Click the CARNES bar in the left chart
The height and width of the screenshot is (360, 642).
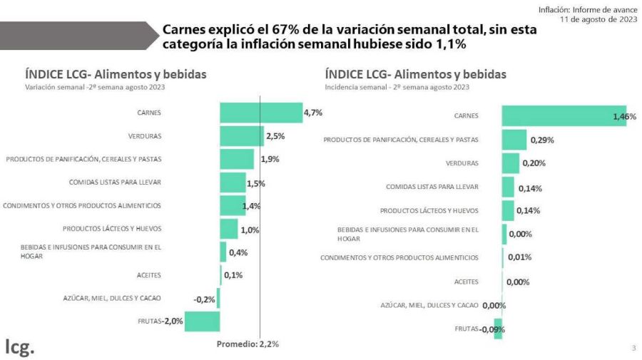click(261, 113)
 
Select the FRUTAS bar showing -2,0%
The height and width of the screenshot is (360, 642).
click(202, 322)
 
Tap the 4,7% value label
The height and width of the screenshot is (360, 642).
click(313, 113)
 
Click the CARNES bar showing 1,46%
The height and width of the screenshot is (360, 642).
click(564, 115)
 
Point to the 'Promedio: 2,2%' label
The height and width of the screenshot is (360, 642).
click(248, 344)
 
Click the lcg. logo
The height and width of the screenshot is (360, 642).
click(20, 347)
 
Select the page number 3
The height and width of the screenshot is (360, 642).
click(633, 348)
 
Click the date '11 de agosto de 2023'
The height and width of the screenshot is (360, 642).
click(598, 19)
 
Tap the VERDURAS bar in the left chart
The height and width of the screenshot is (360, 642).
click(242, 135)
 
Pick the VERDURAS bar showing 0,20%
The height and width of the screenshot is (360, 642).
click(510, 163)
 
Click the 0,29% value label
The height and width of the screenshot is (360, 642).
click(542, 140)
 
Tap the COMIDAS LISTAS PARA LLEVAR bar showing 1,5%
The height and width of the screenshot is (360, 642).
click(233, 182)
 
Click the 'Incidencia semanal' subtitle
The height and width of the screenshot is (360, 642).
click(397, 87)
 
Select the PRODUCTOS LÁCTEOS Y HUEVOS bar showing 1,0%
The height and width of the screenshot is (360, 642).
click(228, 229)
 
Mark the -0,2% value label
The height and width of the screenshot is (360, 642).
click(204, 299)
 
